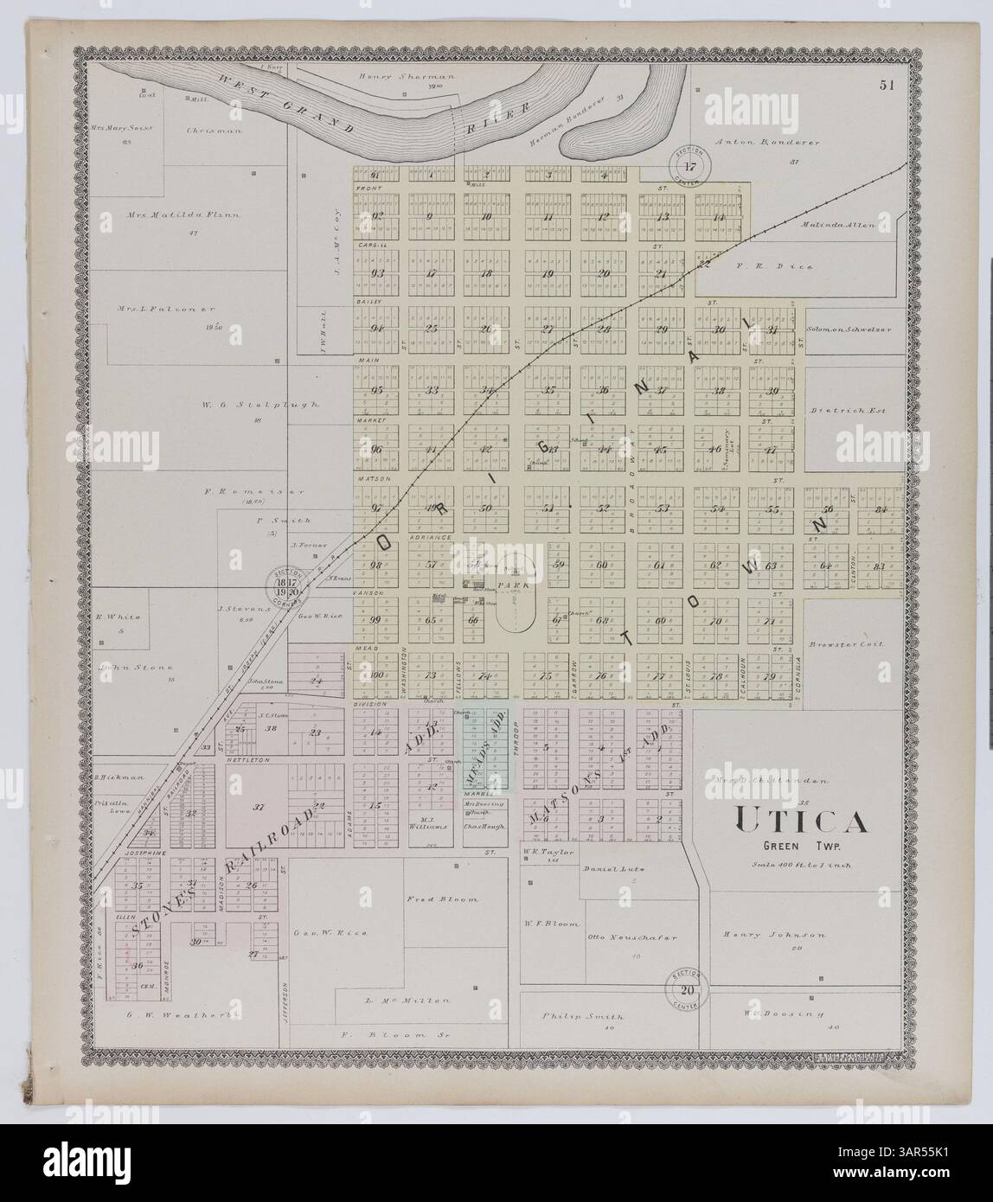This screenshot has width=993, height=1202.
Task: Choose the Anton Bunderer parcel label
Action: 766,141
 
